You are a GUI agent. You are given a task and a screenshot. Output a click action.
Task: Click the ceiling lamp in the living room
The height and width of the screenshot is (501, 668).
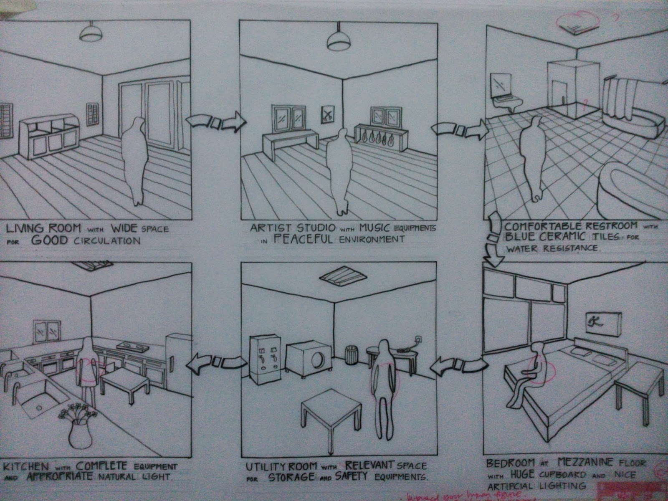[x=91, y=33]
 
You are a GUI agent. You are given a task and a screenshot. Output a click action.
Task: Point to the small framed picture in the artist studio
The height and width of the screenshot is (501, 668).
[x=328, y=114]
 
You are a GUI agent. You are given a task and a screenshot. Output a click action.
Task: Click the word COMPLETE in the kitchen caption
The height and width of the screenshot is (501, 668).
[x=109, y=466]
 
